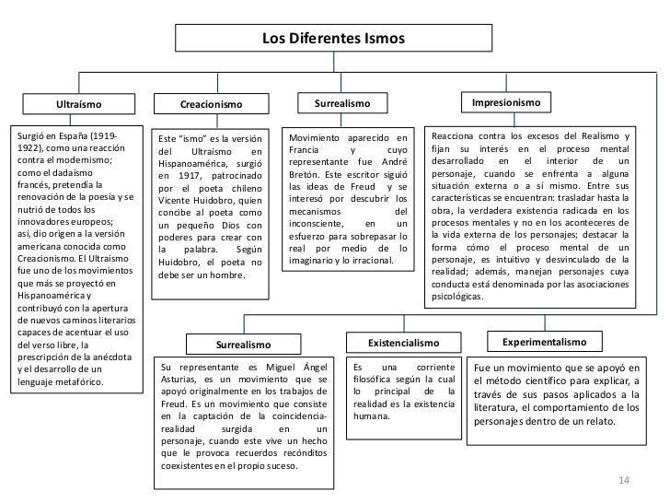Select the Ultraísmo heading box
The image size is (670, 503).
[78, 106]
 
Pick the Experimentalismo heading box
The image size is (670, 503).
[543, 342]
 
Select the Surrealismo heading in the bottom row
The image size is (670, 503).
[243, 345]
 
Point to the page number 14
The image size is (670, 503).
[624, 479]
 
